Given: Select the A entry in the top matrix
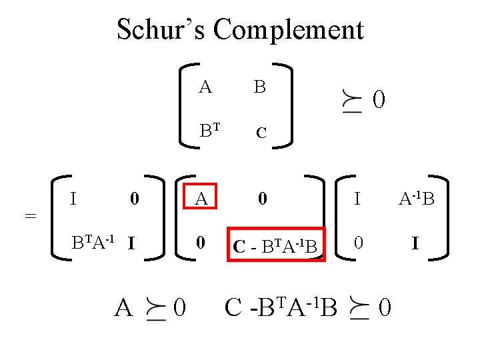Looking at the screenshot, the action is point(205,87).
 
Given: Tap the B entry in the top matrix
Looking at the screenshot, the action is point(260,87).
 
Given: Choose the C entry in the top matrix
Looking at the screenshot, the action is point(261,133).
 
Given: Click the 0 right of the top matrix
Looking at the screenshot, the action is point(379,101).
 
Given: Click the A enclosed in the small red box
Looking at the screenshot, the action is point(201,198).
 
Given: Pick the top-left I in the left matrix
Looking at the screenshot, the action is point(75,197).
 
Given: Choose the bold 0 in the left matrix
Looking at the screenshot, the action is point(135,198).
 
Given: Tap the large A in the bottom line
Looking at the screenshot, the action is point(123,308).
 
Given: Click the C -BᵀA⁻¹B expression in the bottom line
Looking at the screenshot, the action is point(281,307).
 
